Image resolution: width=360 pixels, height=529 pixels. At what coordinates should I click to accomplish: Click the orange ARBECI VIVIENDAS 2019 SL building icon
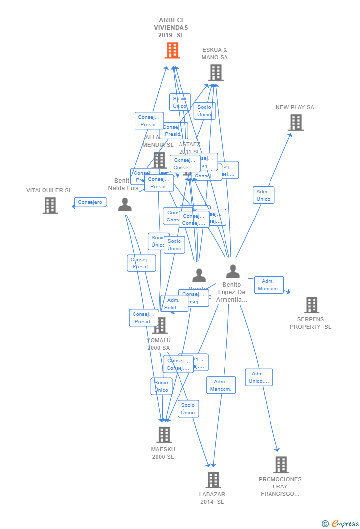click(172, 50)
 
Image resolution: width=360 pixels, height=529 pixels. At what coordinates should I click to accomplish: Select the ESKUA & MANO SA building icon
click(215, 73)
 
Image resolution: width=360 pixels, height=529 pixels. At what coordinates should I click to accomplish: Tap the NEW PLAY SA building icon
click(295, 122)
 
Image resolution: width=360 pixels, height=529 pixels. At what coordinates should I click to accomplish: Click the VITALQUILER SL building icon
click(50, 205)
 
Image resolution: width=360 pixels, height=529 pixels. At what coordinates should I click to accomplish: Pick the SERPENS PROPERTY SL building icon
click(312, 305)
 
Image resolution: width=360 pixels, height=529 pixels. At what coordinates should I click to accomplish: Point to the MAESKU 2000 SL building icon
click(164, 435)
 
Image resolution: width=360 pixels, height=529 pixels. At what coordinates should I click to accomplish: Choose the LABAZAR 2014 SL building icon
click(213, 480)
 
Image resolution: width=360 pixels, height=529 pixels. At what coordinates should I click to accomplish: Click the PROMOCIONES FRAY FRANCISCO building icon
click(281, 465)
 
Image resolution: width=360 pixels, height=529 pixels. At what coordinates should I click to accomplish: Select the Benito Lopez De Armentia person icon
click(232, 271)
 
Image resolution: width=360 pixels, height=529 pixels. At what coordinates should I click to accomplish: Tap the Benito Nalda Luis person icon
click(125, 204)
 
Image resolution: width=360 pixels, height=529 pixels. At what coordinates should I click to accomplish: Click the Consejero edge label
click(90, 202)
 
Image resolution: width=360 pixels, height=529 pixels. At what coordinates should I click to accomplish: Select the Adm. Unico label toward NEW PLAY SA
click(263, 195)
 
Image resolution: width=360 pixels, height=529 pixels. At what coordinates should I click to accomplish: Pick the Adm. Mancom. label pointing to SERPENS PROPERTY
click(269, 285)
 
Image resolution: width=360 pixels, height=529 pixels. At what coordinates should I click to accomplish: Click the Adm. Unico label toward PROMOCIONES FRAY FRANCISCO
click(259, 377)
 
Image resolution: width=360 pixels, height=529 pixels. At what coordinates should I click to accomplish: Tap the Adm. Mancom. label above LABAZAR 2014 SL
click(221, 385)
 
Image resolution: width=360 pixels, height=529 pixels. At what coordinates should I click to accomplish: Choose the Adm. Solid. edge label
click(174, 304)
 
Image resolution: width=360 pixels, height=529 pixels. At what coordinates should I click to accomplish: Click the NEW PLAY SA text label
click(295, 107)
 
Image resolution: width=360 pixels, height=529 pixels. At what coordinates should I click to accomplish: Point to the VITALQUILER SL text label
click(49, 190)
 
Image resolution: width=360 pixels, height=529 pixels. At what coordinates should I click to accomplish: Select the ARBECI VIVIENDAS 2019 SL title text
click(171, 28)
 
